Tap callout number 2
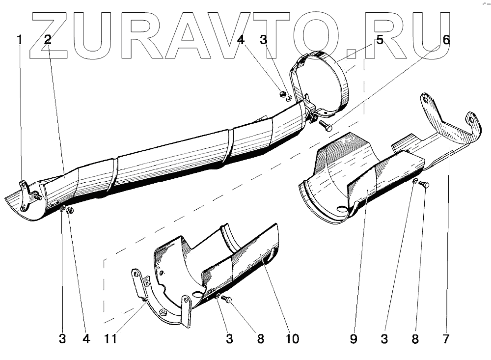click(x=48, y=40)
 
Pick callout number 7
click(x=446, y=339)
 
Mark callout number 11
click(x=110, y=339)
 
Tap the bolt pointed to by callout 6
click(x=326, y=126)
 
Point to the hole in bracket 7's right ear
click(x=472, y=119)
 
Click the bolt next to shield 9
click(x=425, y=185)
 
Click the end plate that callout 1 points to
click(x=26, y=196)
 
